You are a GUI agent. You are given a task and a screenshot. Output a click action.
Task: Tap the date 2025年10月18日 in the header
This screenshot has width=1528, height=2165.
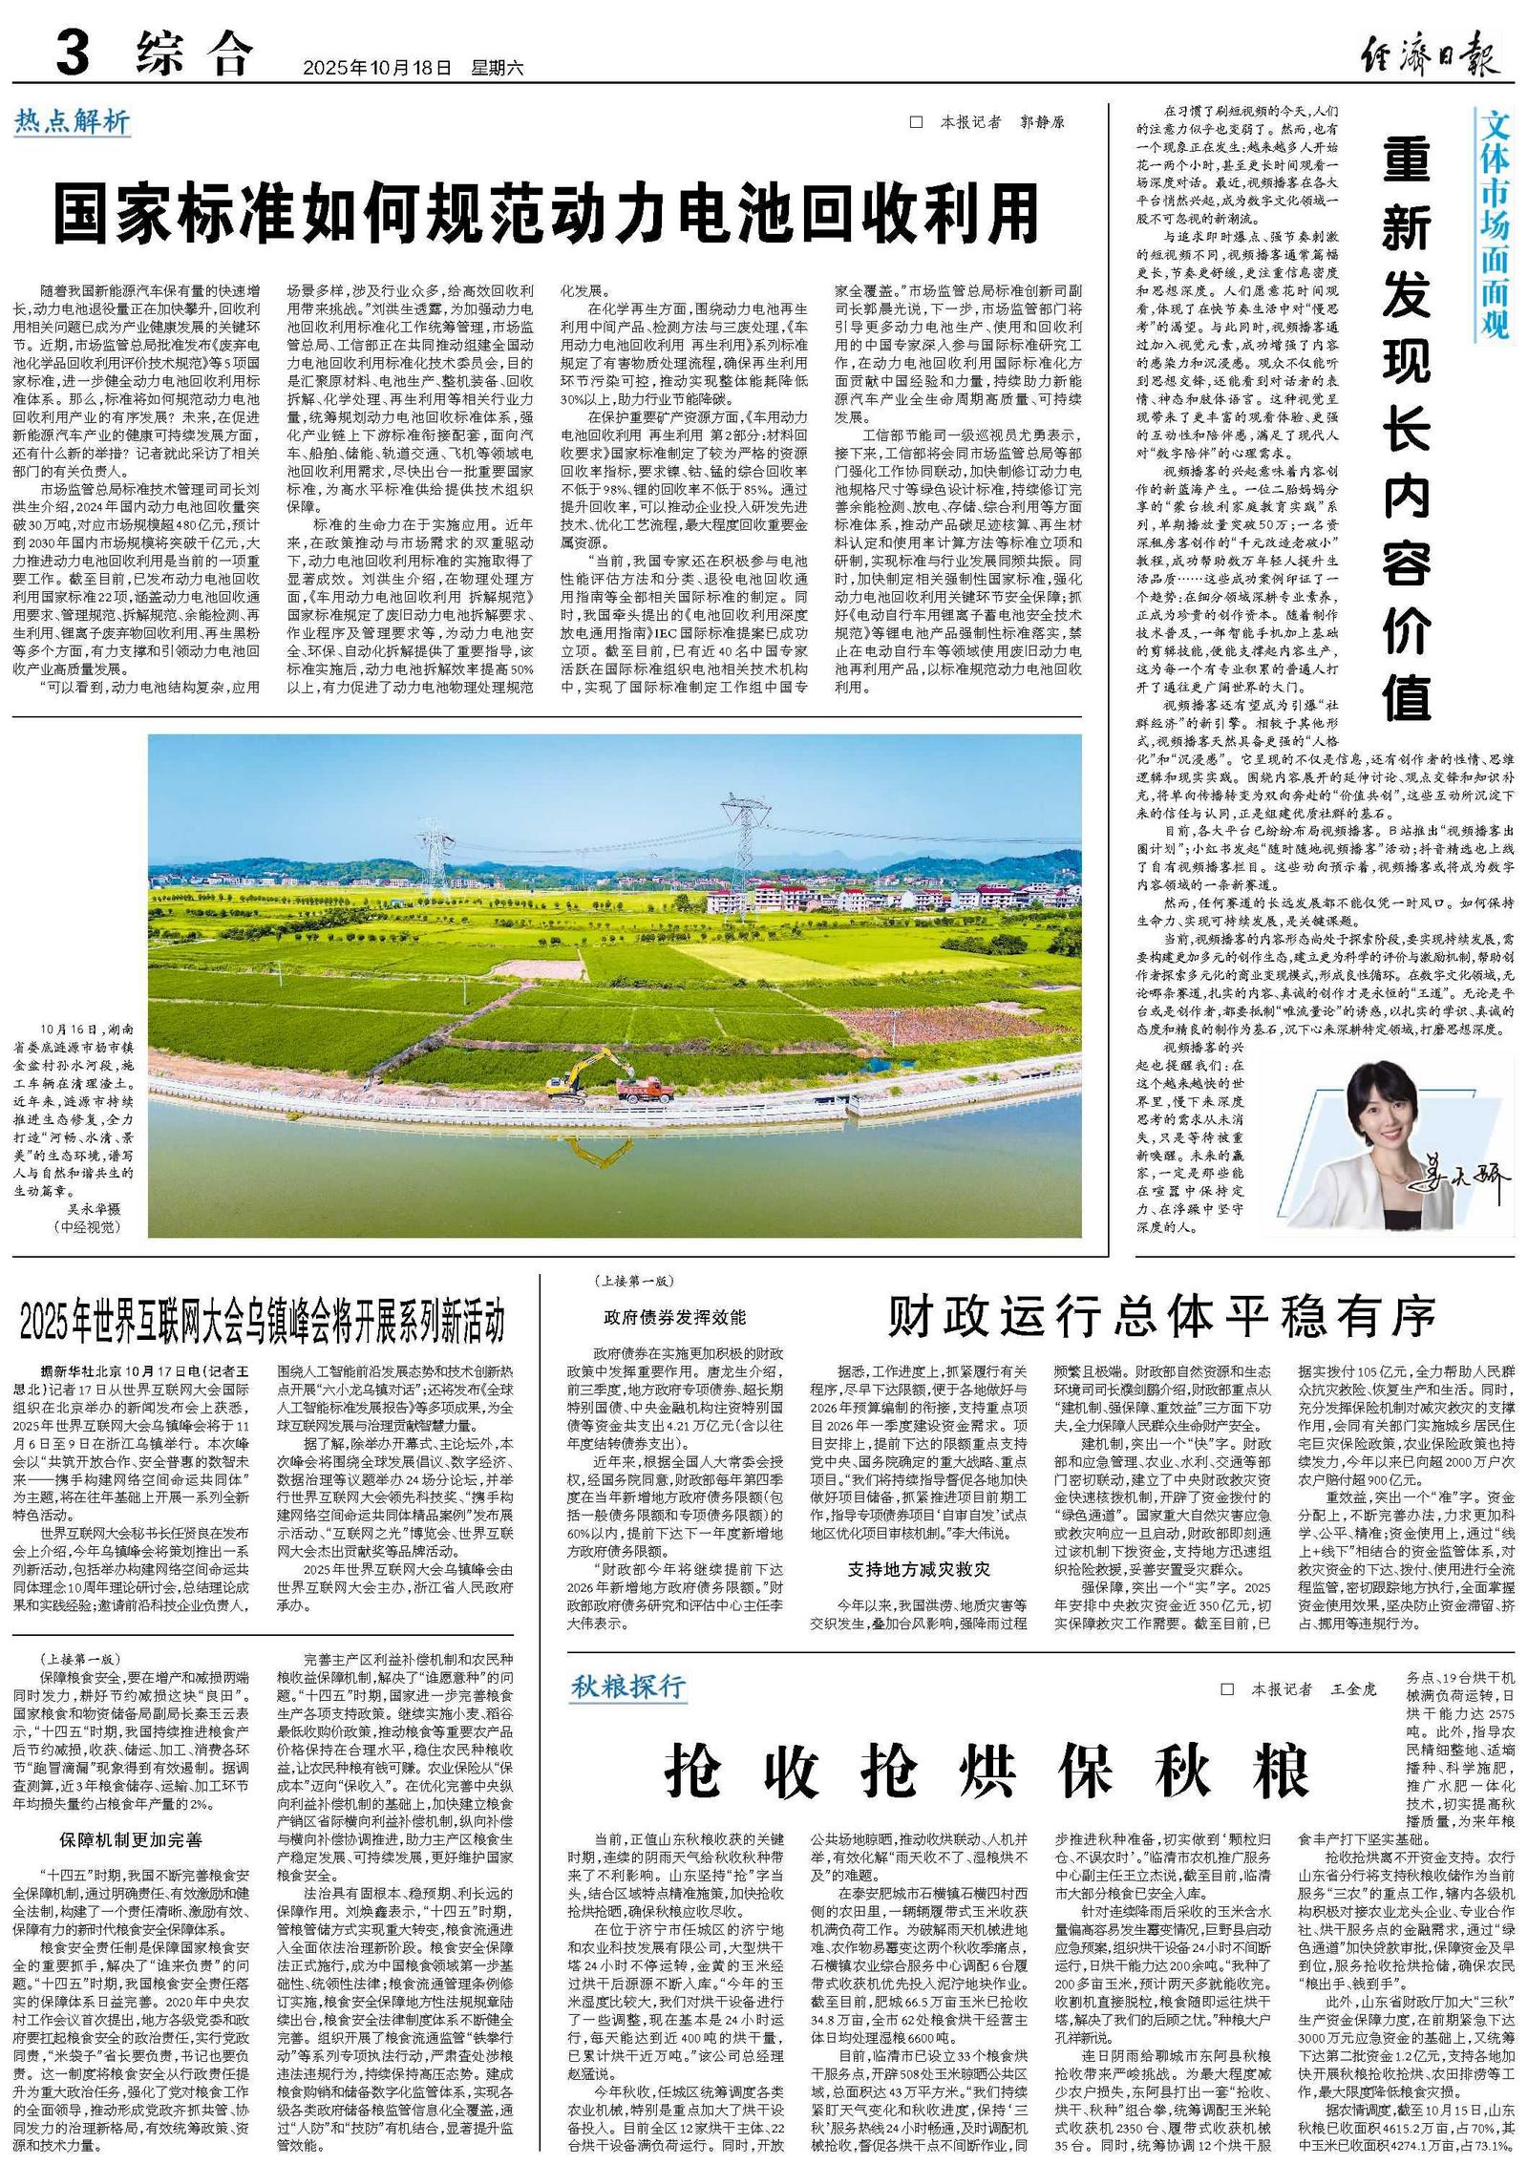click(x=376, y=68)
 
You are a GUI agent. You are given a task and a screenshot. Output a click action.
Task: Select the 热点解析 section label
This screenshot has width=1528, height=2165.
click(x=72, y=121)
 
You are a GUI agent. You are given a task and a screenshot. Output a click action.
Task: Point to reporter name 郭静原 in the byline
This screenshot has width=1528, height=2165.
click(x=1042, y=122)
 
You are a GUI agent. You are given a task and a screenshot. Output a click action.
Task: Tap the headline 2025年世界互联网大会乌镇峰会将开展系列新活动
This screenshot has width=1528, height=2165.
click(x=263, y=1322)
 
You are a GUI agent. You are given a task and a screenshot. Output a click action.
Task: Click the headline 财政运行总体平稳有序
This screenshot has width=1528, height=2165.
click(x=1161, y=1317)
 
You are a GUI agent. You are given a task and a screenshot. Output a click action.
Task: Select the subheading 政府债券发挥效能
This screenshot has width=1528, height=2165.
click(x=674, y=1317)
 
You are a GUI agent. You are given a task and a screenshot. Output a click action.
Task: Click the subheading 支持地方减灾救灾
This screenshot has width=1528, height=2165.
click(x=919, y=1569)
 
